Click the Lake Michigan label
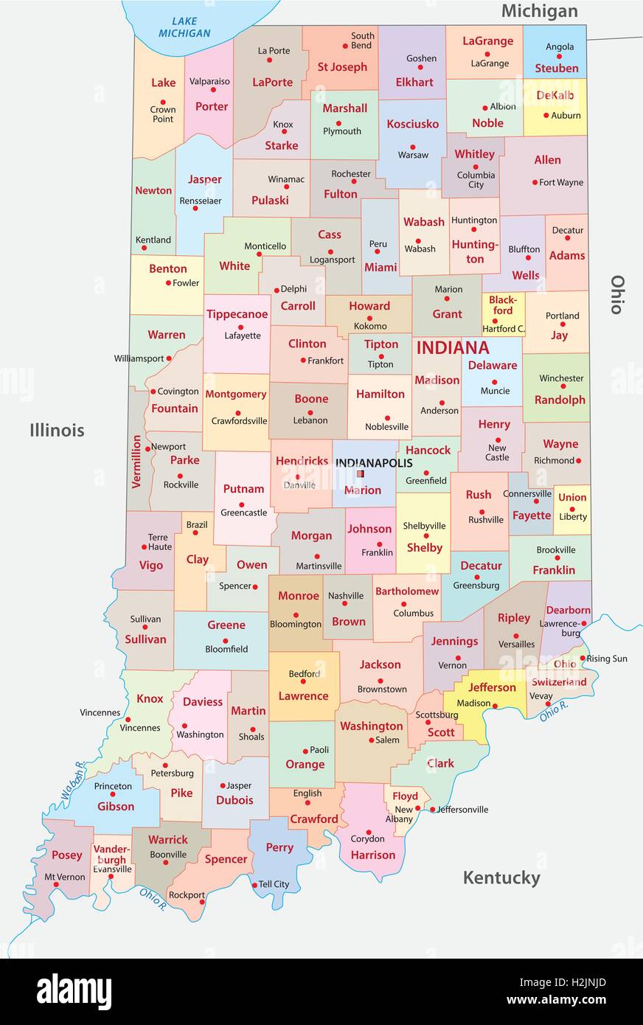click(184, 27)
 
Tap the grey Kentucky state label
click(501, 878)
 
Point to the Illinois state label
click(57, 430)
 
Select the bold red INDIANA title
click(452, 348)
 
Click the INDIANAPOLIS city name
click(374, 462)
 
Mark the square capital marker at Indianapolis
click(361, 474)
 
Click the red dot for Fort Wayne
click(535, 182)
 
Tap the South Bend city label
click(362, 41)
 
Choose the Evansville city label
click(112, 869)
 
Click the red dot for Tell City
click(254, 885)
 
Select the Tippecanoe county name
click(237, 314)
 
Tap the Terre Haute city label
click(159, 542)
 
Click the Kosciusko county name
click(412, 124)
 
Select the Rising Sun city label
click(608, 659)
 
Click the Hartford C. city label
click(504, 328)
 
